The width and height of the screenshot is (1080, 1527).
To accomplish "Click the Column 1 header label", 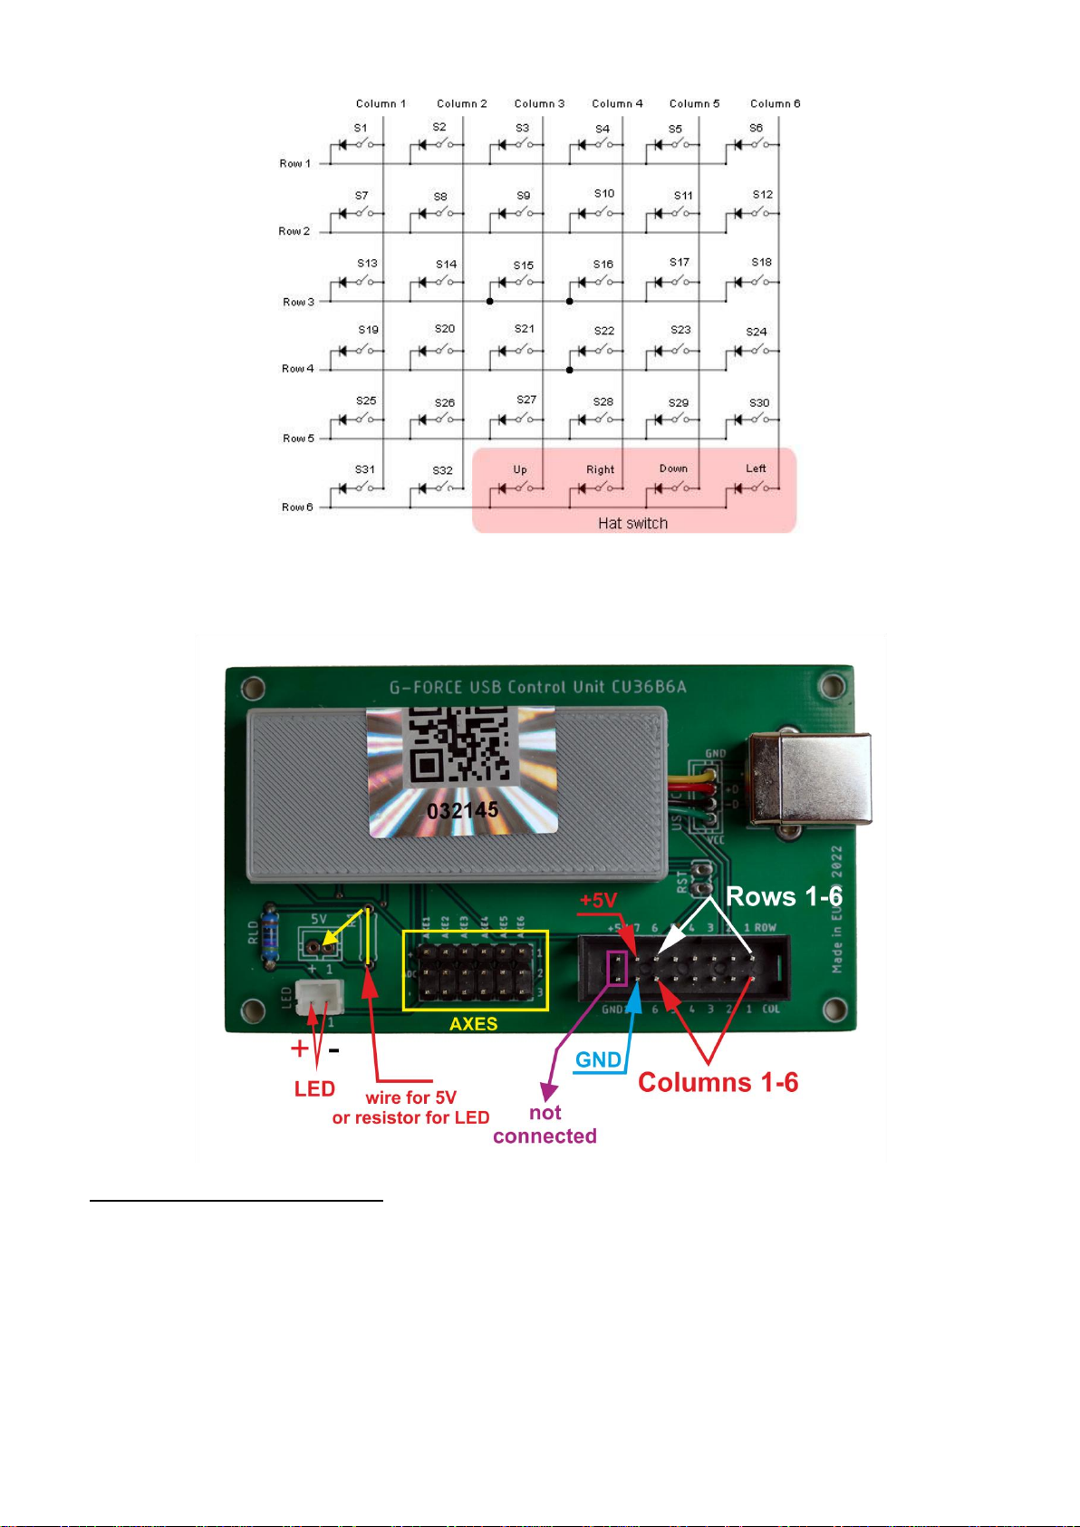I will pos(381,103).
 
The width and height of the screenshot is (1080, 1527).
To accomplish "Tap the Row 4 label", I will pos(297,369).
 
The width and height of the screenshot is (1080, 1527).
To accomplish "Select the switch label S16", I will pos(603,265).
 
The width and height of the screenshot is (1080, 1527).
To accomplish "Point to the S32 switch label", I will pos(442,470).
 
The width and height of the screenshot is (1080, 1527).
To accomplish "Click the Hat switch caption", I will pos(632,523).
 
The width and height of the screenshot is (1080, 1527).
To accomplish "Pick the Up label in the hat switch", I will pos(520,469).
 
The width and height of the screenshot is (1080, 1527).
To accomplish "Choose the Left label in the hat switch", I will pos(756,469).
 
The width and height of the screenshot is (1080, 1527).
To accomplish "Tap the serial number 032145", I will pos(462,809).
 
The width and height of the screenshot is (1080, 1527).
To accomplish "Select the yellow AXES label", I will pos(474,1024).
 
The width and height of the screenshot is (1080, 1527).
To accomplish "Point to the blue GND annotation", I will pos(598,1060).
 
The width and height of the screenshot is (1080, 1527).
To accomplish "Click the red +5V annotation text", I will pos(598,900).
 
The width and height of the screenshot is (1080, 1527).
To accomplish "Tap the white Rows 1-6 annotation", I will pos(784,897).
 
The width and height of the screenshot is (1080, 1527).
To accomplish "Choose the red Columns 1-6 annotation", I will pos(718,1083).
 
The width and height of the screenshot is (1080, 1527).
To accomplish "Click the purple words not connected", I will pos(545,1125).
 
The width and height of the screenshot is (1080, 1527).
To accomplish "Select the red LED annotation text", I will pos(314,1089).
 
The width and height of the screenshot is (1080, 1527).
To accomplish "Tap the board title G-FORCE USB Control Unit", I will pos(538,687).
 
